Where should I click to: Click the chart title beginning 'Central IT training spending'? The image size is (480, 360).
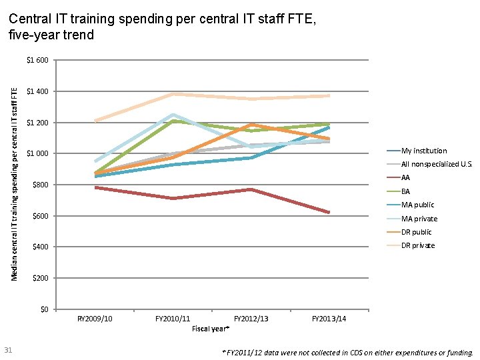163,27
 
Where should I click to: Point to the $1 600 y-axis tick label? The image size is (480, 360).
37,61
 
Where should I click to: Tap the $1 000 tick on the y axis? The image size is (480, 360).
37,154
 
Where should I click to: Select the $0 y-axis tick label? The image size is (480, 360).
43,309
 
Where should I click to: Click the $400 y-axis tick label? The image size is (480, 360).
39,247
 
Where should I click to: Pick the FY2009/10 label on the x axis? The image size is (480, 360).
95,319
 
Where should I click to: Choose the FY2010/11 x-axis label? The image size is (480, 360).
173,319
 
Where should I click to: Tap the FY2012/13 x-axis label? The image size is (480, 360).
251,319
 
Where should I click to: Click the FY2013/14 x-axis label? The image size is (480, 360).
329,319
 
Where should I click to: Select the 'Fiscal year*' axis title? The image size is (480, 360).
211,329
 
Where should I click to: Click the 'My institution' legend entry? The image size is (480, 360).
424,151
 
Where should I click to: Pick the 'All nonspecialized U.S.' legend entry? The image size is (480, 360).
436,164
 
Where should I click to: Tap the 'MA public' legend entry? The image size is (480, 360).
417,205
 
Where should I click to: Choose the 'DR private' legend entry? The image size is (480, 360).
418,245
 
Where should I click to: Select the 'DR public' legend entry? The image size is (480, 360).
417,232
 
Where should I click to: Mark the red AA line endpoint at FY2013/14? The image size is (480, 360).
329,212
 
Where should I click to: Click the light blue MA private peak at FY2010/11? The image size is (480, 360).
173,115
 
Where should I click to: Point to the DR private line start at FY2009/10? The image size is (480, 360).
96,121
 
